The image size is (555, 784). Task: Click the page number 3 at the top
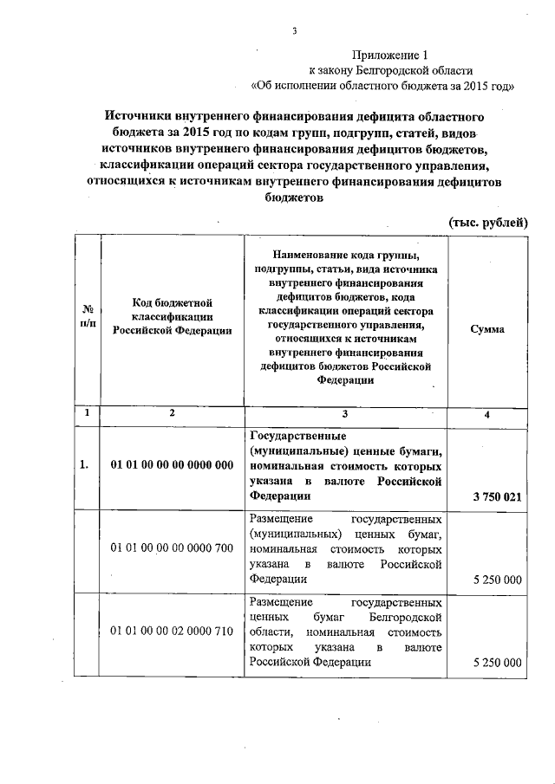(x=294, y=32)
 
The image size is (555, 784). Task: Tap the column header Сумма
(x=487, y=330)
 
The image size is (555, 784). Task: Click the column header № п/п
(x=88, y=315)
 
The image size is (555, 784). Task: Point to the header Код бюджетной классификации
(x=173, y=315)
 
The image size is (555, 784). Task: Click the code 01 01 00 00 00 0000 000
(x=173, y=465)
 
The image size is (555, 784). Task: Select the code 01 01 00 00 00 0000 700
(x=173, y=548)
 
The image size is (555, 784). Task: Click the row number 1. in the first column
(x=85, y=465)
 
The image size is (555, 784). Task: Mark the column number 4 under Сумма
(x=487, y=414)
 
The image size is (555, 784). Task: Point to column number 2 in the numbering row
(x=173, y=413)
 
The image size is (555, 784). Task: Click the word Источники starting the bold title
(x=140, y=114)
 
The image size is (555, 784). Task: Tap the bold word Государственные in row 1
(x=298, y=435)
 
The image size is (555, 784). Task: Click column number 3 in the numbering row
(x=344, y=413)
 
